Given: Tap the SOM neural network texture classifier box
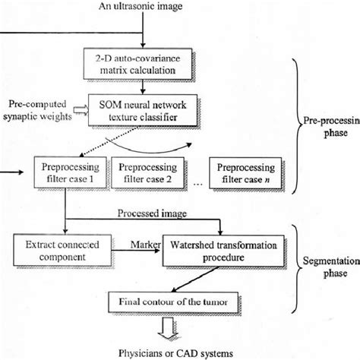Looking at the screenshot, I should point(142,109).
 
